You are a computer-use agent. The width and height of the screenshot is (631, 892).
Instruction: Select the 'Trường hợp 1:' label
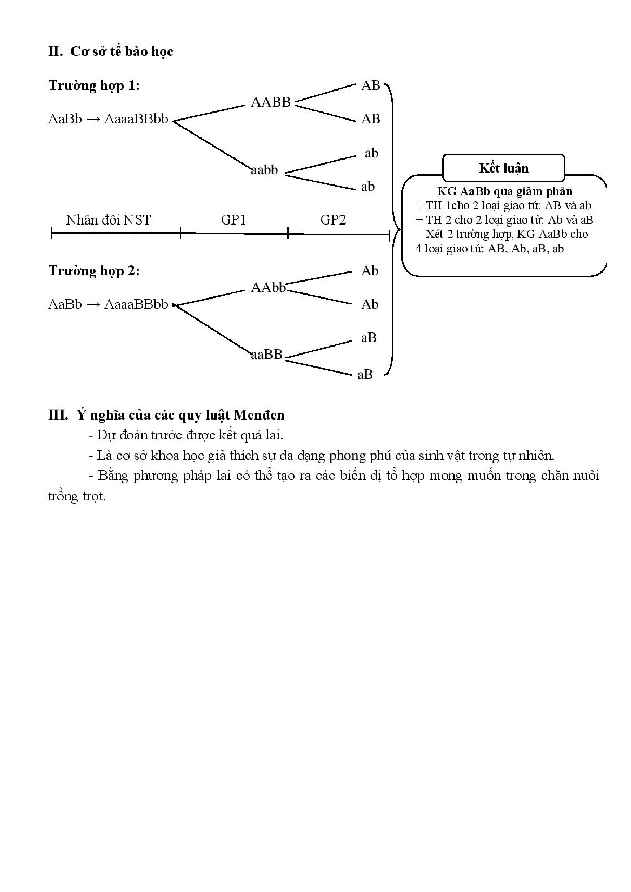(94, 85)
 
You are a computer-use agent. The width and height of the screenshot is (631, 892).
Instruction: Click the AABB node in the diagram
(271, 102)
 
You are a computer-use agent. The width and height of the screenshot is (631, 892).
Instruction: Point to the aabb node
(265, 170)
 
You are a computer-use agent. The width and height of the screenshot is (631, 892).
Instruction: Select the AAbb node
(268, 288)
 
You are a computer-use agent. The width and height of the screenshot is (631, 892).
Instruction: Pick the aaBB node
(267, 354)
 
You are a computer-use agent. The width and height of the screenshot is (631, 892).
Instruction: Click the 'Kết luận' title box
(504, 168)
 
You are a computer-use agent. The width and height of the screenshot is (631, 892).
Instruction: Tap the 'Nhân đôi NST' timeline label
(108, 220)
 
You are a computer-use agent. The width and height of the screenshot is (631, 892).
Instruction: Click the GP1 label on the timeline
(233, 220)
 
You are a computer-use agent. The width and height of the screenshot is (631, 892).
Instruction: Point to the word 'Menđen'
(259, 415)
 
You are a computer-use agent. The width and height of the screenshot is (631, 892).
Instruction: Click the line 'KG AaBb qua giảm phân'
(505, 191)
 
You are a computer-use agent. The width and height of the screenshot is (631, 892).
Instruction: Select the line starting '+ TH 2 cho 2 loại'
(504, 220)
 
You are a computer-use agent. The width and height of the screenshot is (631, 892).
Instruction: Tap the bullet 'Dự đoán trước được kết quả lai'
(186, 435)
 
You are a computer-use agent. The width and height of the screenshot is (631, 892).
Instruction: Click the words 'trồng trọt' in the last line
(77, 496)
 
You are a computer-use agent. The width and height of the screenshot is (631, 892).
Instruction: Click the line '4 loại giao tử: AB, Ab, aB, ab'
(490, 249)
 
